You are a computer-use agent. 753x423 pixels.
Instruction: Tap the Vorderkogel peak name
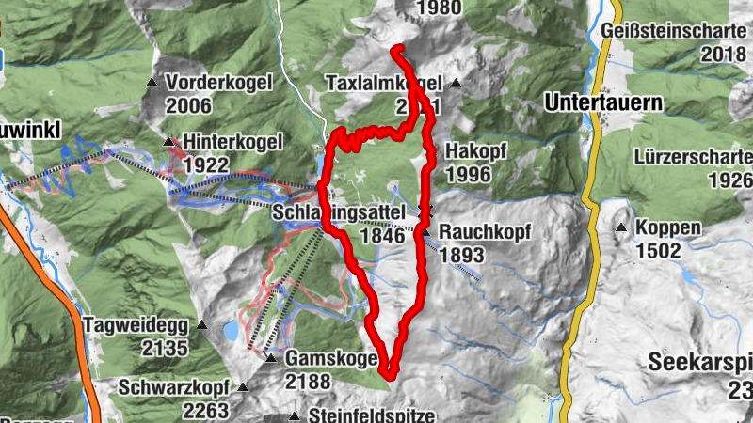click(x=218, y=83)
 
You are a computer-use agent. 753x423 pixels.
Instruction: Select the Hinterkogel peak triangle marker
click(x=169, y=142)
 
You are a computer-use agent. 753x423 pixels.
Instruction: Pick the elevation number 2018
click(x=723, y=55)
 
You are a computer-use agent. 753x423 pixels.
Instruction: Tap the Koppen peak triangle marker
click(x=621, y=228)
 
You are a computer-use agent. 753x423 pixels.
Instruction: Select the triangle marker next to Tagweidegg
click(x=202, y=326)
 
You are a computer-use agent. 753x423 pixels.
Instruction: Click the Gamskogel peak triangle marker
click(x=270, y=358)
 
